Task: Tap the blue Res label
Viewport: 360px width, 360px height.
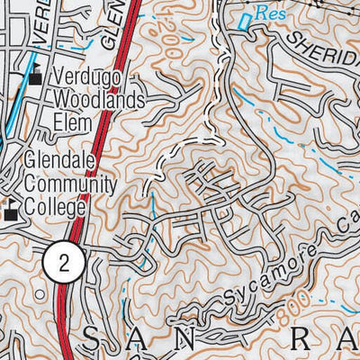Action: (x=267, y=13)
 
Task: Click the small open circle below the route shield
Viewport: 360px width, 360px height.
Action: (x=38, y=294)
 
